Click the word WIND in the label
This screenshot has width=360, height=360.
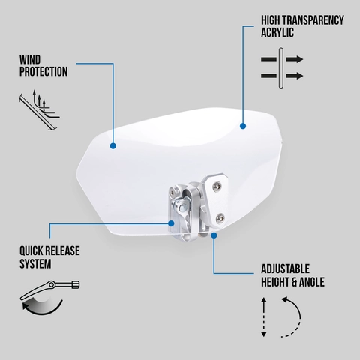29,59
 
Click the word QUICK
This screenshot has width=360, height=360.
34,250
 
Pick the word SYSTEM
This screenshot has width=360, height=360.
36,264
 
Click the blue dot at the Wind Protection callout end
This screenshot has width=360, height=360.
112,145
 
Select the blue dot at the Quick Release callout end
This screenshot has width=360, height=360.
173,222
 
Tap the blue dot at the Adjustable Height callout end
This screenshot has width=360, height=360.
214,235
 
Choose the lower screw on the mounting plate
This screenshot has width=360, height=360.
220,217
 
